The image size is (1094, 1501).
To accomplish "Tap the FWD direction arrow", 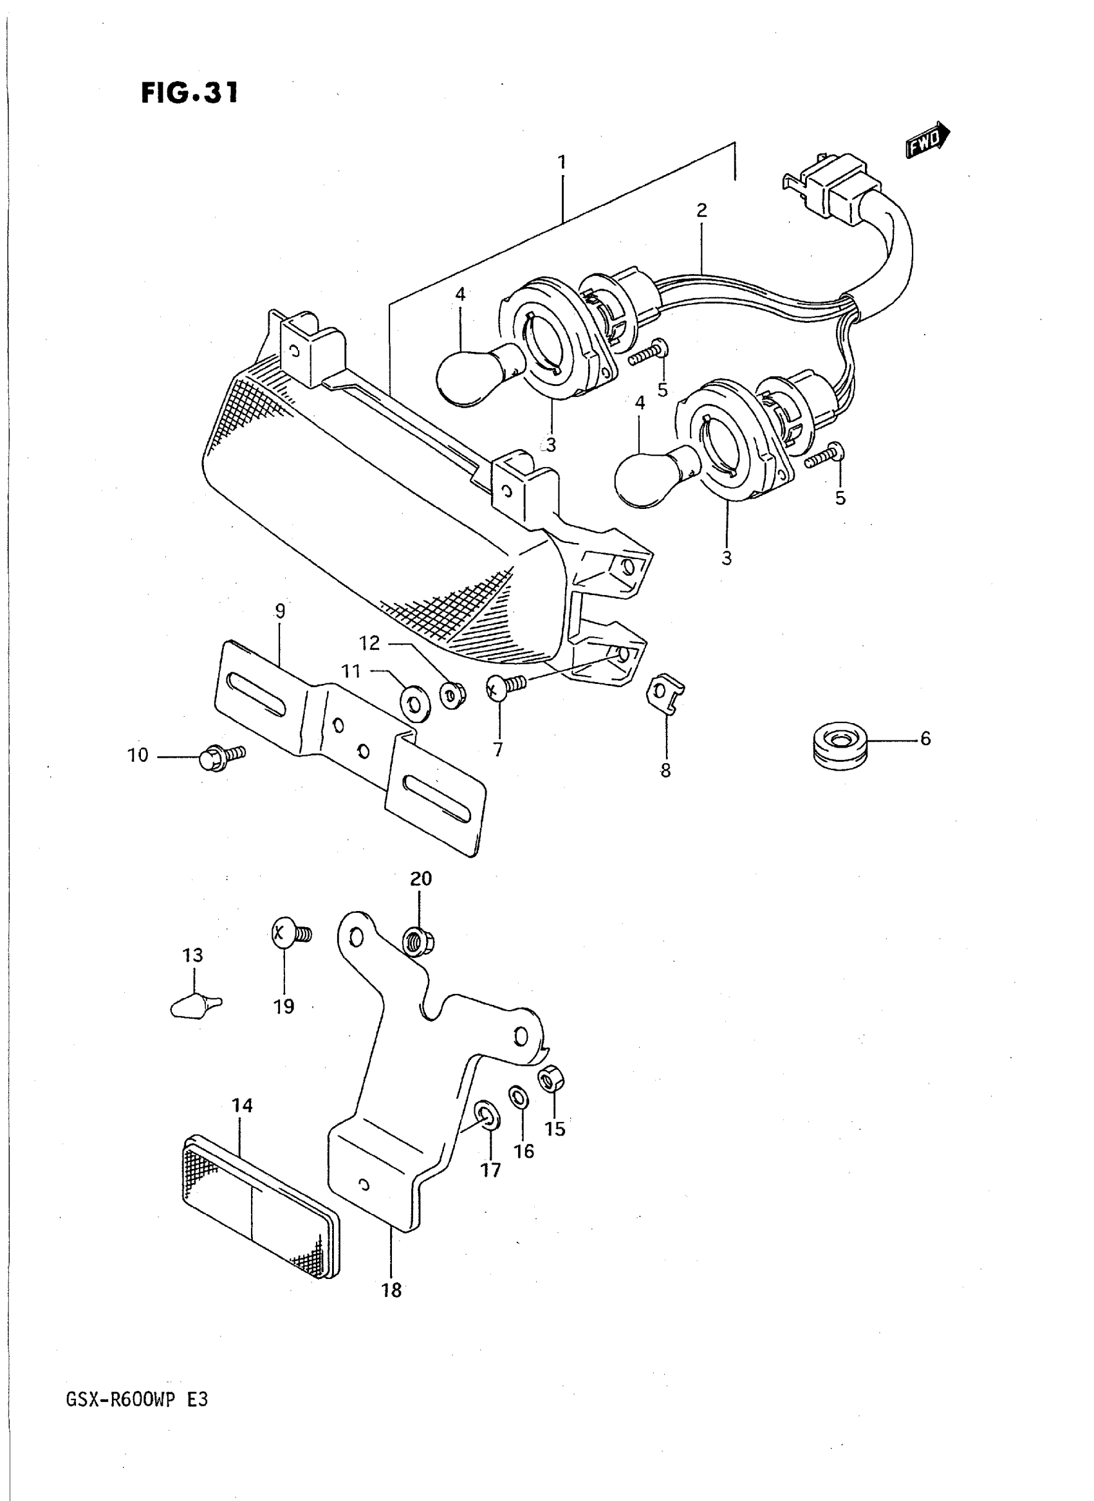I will tap(927, 141).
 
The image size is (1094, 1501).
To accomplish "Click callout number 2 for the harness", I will tap(701, 210).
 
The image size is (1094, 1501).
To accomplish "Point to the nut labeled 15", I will tap(551, 1082).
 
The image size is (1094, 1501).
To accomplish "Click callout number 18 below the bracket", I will tap(392, 1289).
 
